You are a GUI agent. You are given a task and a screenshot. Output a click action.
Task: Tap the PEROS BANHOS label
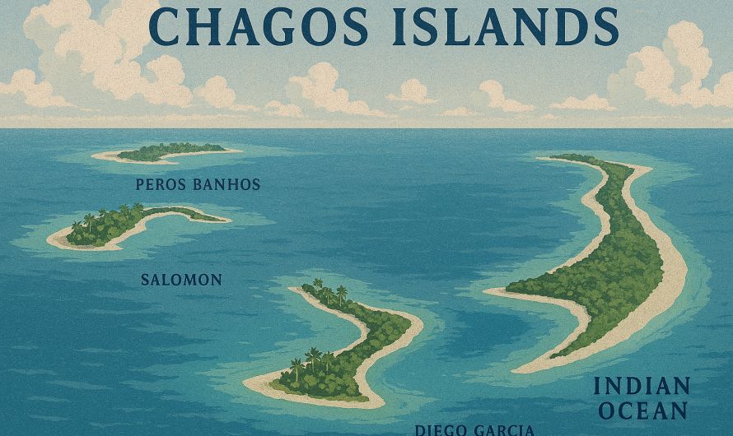coord(198,185)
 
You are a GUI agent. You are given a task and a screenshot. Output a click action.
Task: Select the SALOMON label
coord(181,280)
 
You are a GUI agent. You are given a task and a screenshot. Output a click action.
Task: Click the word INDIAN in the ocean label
coord(642,387)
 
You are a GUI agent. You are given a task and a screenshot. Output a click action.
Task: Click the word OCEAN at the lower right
coord(642,410)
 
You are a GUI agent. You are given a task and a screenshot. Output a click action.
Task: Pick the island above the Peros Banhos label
coord(169,152)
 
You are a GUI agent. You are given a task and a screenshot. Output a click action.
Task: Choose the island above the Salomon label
coord(132,224)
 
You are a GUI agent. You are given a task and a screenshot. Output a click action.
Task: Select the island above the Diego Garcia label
coord(346,346)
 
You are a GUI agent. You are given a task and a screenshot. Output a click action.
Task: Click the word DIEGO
coord(435,429)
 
